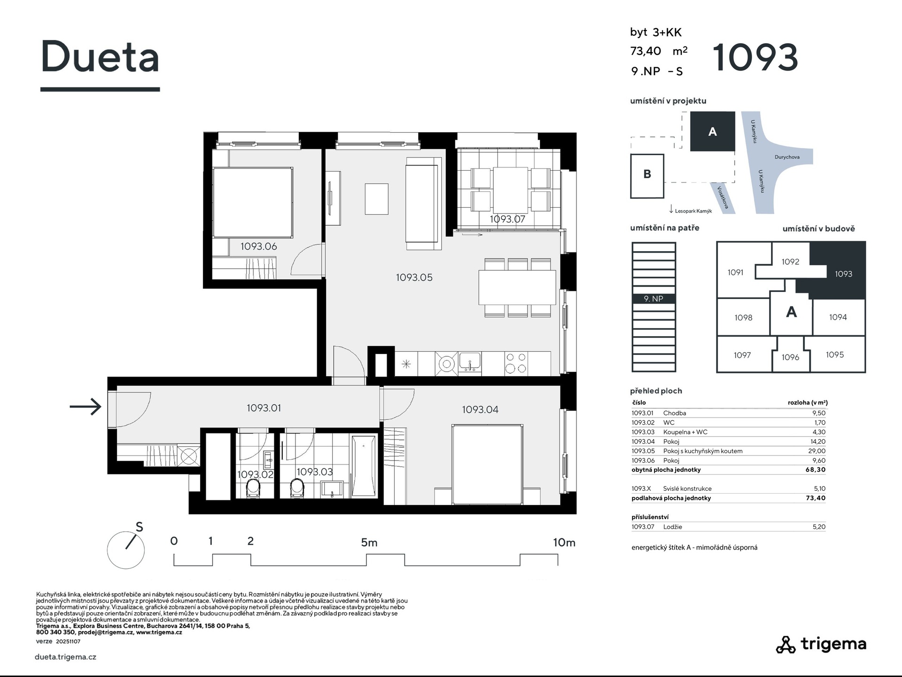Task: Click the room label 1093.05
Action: [x=414, y=277]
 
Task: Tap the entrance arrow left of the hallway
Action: [x=86, y=406]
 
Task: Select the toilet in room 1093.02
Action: [x=253, y=488]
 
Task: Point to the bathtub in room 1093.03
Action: [x=364, y=465]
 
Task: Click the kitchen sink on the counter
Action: [x=470, y=363]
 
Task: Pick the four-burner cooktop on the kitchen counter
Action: [x=516, y=363]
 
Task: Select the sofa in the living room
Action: [x=423, y=203]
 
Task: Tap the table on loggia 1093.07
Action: [x=510, y=190]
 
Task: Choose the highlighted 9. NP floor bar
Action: [x=653, y=299]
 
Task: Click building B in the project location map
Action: [x=647, y=175]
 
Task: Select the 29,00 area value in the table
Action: [x=816, y=451]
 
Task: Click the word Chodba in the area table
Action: [x=675, y=413]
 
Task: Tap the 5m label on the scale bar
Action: [x=369, y=543]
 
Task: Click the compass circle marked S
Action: [x=125, y=550]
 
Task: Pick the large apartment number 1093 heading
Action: [x=755, y=57]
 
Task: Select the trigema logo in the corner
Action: [x=821, y=644]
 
